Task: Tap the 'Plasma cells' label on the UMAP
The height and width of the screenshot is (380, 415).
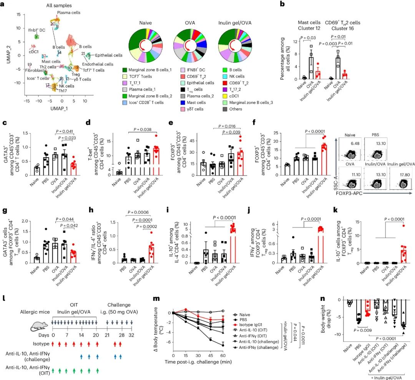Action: (x=70, y=13)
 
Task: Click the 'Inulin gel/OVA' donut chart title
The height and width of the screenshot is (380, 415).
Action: (x=236, y=23)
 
